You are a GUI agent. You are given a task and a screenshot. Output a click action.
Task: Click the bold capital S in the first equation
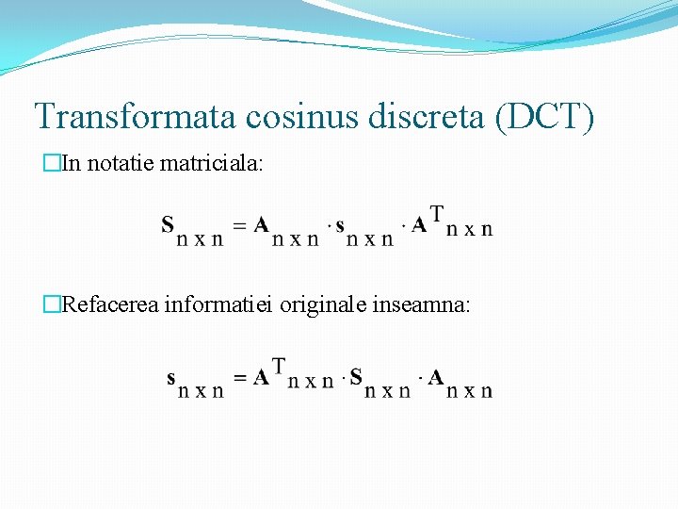point(168,224)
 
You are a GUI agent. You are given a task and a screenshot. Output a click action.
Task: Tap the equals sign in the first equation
point(239,225)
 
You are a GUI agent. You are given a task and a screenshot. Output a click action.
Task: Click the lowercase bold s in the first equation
point(340,226)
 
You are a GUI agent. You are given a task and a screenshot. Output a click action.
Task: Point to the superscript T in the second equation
point(279,364)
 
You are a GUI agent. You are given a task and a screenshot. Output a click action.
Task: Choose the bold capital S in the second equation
point(356,377)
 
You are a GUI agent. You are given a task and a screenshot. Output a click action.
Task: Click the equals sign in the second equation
point(240,378)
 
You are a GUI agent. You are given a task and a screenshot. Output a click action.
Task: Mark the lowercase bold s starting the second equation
point(170,379)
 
